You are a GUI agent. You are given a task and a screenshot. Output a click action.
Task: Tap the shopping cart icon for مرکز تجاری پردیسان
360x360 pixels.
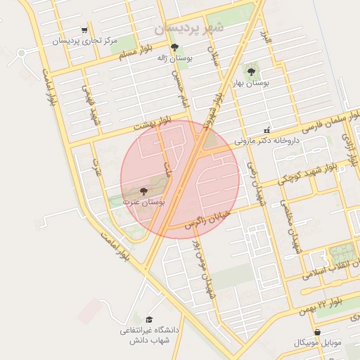click(85, 30)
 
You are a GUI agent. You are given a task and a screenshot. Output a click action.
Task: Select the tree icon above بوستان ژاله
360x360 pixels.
click(175, 47)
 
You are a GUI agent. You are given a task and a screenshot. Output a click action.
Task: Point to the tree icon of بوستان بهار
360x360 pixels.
click(252, 71)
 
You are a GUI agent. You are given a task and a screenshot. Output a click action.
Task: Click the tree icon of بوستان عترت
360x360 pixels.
click(143, 191)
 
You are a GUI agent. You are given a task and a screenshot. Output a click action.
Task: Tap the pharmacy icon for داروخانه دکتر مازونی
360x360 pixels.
click(266, 130)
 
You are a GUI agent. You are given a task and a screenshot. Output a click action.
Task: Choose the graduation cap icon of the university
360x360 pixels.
click(148, 319)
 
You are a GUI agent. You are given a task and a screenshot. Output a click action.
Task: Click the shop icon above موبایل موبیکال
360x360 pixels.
click(317, 333)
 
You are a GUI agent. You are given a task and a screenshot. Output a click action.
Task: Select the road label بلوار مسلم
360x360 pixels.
click(134, 55)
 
